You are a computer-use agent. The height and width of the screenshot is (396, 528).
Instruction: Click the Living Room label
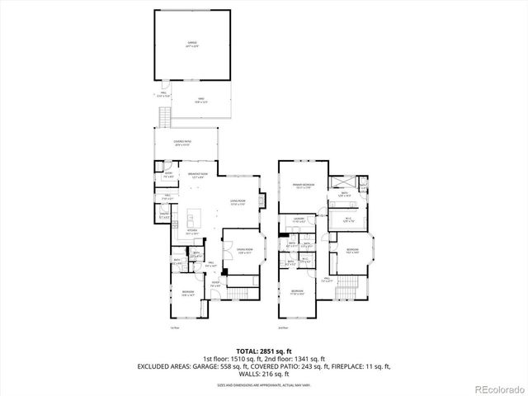pyautogui.click(x=238, y=202)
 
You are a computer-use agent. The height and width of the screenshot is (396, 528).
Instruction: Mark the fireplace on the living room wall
pyautogui.click(x=263, y=200)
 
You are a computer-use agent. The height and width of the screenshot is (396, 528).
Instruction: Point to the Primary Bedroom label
pyautogui.click(x=302, y=186)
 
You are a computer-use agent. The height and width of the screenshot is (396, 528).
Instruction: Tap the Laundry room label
pyautogui.click(x=299, y=219)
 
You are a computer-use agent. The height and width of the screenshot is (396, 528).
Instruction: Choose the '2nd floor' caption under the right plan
pyautogui.click(x=282, y=328)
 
